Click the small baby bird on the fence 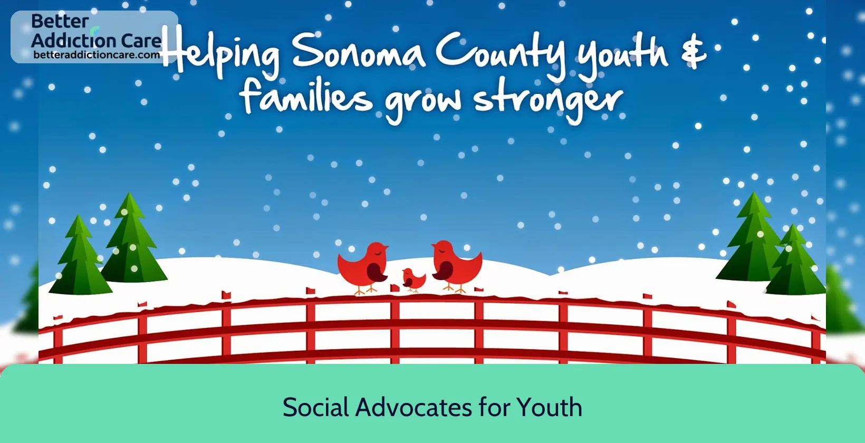(x=413, y=279)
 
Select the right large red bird (x=456, y=266)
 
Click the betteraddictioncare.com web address (x=97, y=55)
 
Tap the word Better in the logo (x=60, y=21)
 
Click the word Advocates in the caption (x=414, y=407)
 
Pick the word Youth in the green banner (x=549, y=407)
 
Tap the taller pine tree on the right (x=751, y=237)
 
